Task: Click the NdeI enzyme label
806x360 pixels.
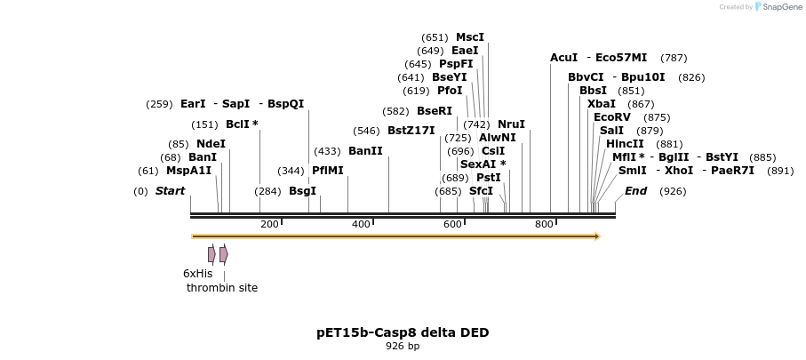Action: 211,144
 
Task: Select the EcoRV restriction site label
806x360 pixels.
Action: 611,117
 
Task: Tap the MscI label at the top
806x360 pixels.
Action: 470,37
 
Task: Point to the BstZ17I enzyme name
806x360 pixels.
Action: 411,131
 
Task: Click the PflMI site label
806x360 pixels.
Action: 327,171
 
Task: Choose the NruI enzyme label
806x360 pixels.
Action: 511,124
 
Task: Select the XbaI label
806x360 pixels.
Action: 602,104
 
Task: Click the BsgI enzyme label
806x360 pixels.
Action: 302,191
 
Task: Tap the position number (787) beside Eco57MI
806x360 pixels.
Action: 674,58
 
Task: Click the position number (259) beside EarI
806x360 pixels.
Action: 159,104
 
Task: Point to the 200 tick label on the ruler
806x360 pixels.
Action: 269,225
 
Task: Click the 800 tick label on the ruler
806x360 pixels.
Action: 544,225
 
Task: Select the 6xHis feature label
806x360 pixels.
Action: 197,274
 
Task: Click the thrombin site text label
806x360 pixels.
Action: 222,288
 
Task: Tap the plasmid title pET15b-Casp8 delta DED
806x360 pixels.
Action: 403,332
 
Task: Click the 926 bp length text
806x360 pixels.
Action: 403,347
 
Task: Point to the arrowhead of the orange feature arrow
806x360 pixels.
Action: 597,236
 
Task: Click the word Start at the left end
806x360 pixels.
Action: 170,191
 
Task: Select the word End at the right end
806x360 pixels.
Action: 635,191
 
